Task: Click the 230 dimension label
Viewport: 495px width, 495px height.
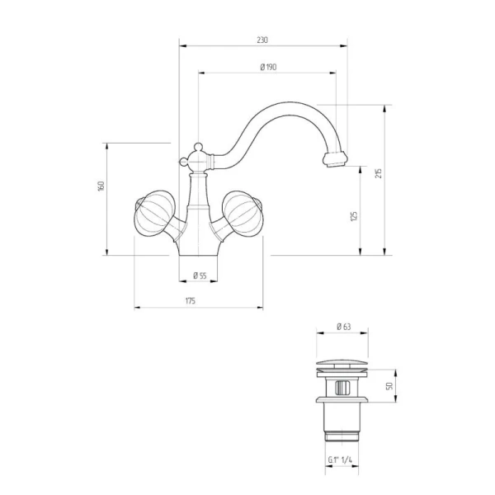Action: [x=262, y=40]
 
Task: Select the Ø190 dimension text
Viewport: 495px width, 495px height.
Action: [x=268, y=68]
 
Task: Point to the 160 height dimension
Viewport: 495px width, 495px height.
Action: [x=101, y=186]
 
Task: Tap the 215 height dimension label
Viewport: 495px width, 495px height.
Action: [x=379, y=173]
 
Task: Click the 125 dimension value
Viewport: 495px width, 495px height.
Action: [x=354, y=216]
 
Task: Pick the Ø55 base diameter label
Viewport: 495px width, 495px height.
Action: [x=200, y=276]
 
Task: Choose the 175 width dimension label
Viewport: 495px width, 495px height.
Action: [x=190, y=301]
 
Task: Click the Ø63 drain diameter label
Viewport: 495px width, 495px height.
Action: [x=344, y=327]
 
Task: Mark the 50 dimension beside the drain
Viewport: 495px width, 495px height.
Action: [x=389, y=386]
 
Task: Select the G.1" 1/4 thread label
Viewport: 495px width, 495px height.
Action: [x=340, y=460]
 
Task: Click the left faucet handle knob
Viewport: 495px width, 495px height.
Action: [x=155, y=213]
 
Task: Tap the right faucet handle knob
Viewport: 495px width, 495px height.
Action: [x=243, y=213]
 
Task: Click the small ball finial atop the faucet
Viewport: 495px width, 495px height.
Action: [x=198, y=147]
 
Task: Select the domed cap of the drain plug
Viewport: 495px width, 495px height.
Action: [x=342, y=363]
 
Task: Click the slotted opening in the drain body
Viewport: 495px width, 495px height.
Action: [x=342, y=388]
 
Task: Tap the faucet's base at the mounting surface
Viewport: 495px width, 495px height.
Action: [x=198, y=252]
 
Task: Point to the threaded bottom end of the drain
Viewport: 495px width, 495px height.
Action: [x=342, y=437]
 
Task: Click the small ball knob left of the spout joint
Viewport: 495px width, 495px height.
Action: [x=183, y=162]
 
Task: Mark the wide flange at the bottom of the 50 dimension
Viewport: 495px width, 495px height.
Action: [x=342, y=399]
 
